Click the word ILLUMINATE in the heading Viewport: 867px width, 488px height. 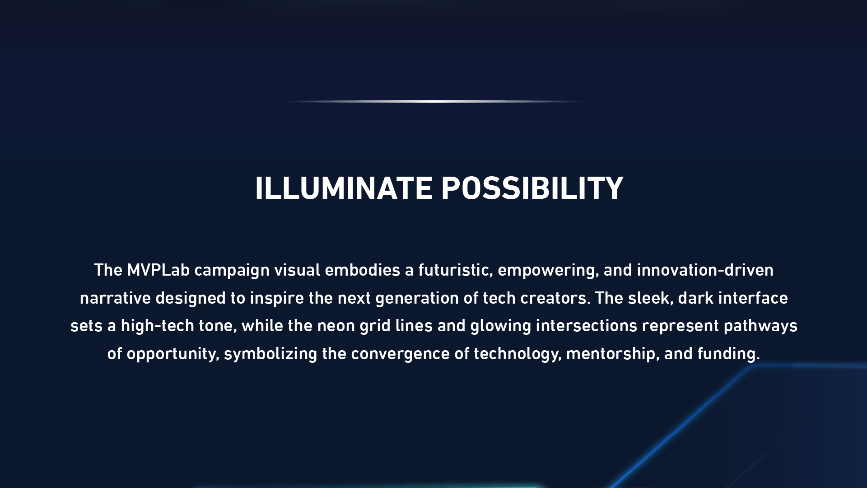point(344,188)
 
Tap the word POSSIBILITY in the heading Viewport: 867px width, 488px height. point(532,188)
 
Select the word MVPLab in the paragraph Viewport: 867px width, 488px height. point(158,270)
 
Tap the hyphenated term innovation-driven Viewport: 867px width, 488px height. point(705,270)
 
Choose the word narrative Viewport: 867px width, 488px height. point(115,298)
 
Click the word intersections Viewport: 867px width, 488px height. point(587,326)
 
